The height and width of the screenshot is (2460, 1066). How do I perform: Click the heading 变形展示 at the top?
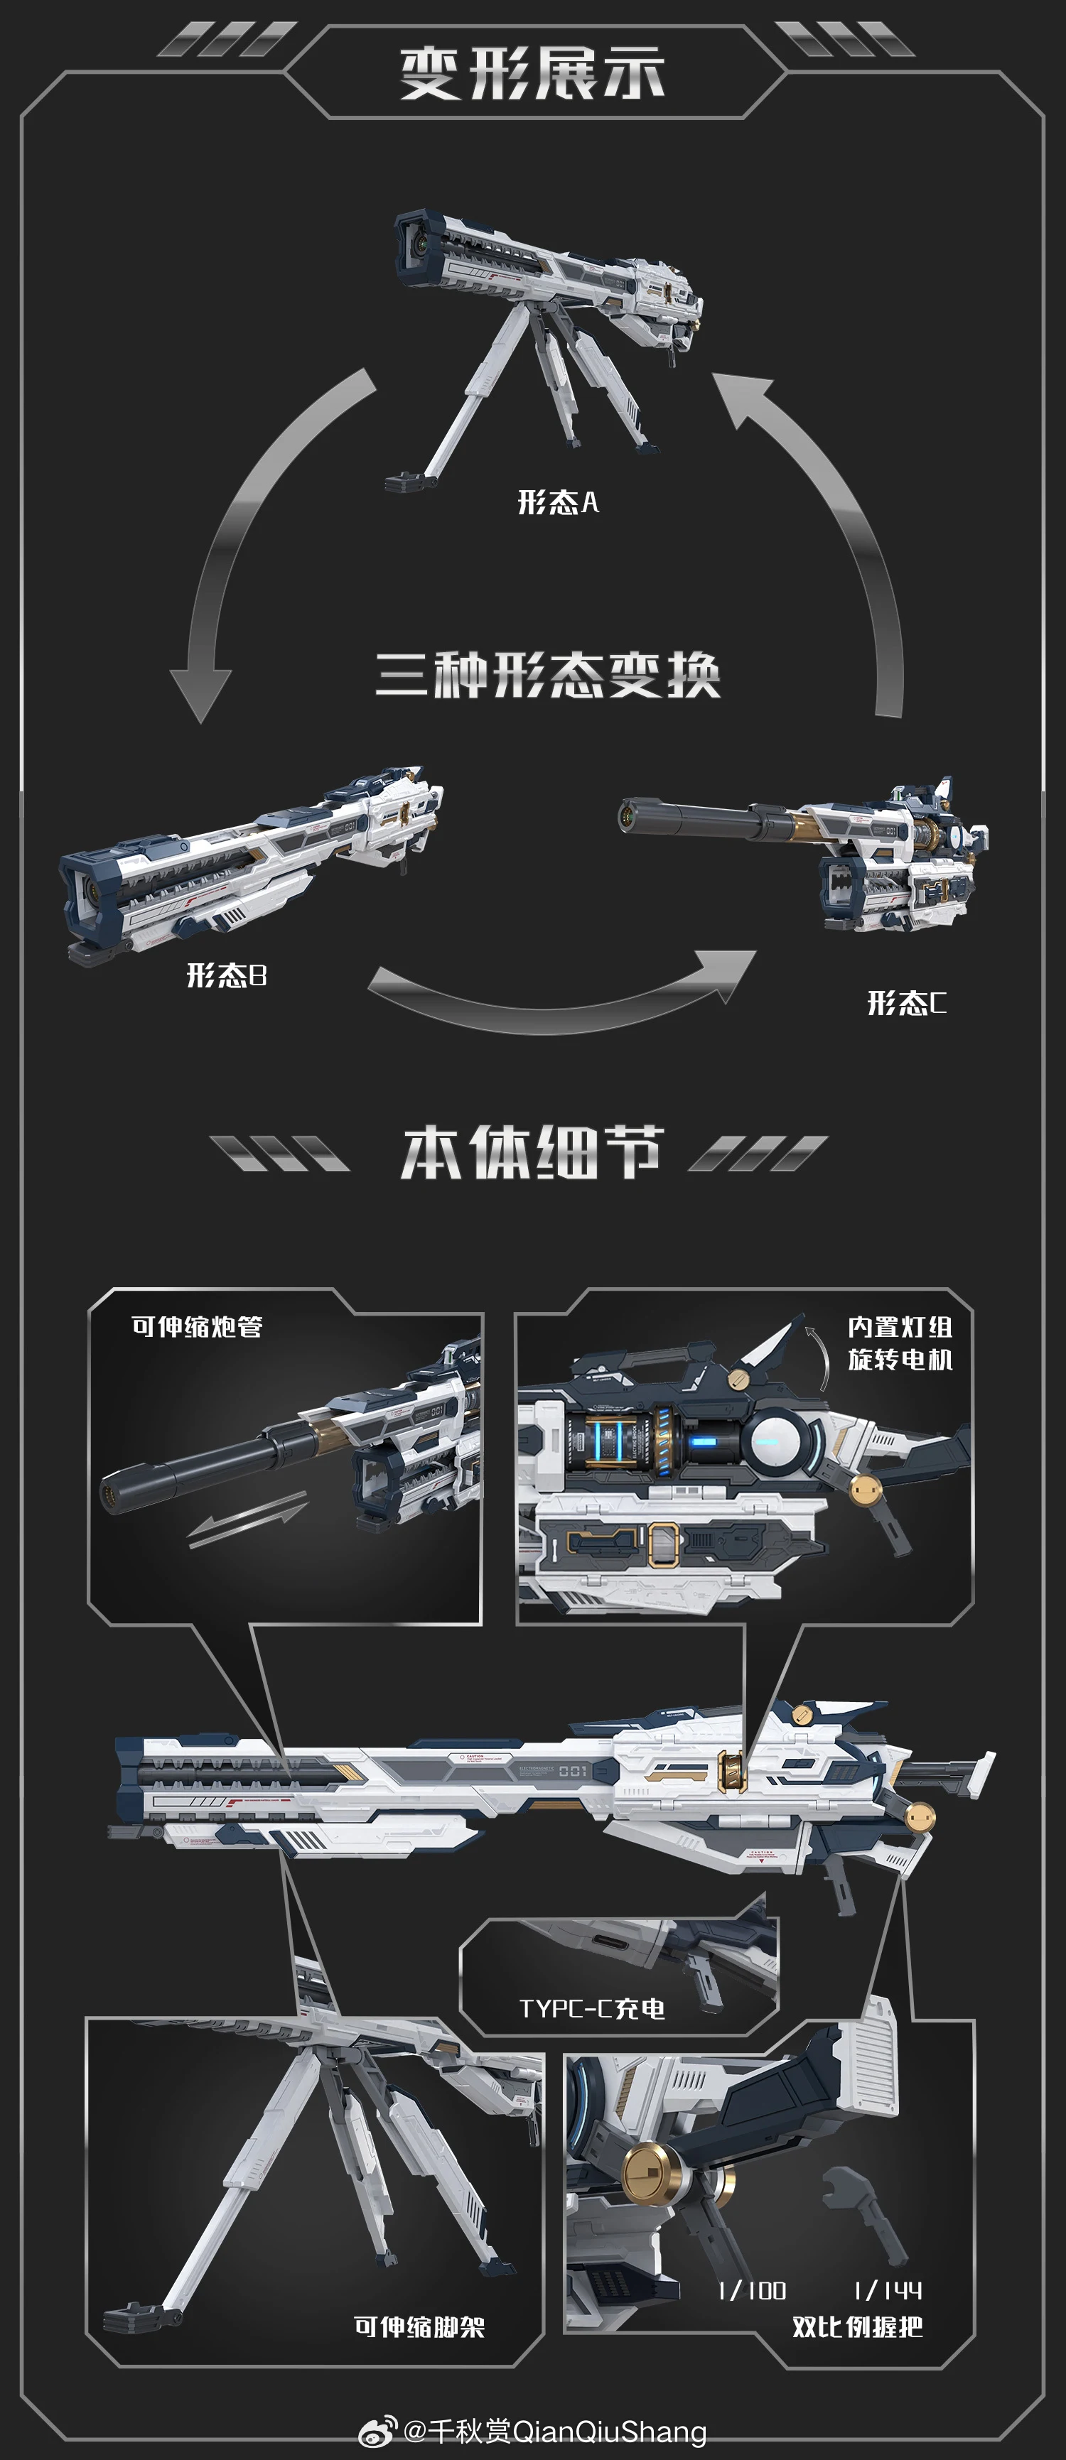click(x=532, y=74)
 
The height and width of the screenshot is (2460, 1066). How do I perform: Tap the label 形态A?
click(x=558, y=502)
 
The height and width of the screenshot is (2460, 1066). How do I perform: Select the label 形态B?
click(x=227, y=975)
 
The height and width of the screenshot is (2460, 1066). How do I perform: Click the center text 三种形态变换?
click(x=547, y=675)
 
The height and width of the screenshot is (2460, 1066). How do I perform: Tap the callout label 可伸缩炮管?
click(x=197, y=1326)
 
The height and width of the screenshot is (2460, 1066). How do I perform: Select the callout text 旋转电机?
click(x=900, y=1359)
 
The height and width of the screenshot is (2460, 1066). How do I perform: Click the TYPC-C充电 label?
click(x=591, y=2008)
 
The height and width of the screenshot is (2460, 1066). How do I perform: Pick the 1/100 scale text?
click(x=752, y=2290)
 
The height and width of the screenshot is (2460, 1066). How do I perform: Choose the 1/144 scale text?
click(x=888, y=2290)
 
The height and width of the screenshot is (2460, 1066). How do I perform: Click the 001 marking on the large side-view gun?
click(x=573, y=1772)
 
